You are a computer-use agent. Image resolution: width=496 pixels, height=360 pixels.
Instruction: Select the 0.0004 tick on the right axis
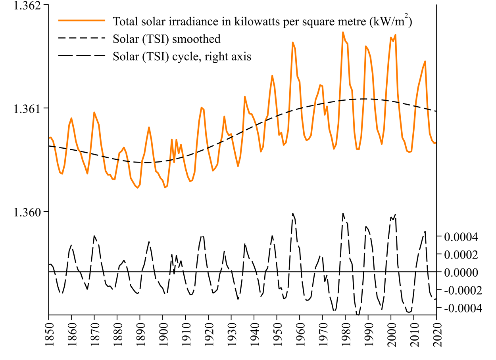coord(461,237)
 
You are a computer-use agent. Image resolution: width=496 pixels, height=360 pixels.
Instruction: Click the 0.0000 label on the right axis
coord(461,272)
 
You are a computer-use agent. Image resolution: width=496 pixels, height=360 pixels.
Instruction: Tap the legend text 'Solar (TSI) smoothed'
coord(167,39)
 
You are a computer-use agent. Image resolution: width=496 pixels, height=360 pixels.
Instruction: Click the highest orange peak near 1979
coord(343,32)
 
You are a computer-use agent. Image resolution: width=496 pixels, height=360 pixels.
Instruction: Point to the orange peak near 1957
coord(293,42)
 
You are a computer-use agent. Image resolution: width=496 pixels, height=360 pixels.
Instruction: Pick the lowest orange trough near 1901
coord(165,188)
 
